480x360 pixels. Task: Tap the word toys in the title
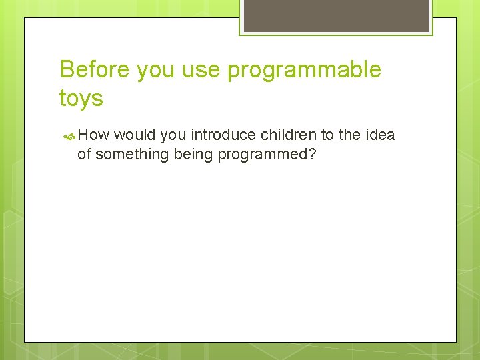click(81, 99)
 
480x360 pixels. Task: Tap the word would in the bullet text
click(135, 135)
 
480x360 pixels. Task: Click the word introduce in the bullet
click(223, 135)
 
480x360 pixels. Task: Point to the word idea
click(380, 135)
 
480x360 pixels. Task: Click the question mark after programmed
click(312, 154)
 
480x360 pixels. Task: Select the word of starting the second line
click(84, 155)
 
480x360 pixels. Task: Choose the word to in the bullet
click(327, 135)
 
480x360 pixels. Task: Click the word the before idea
click(349, 135)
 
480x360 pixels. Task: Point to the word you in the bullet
click(174, 135)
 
